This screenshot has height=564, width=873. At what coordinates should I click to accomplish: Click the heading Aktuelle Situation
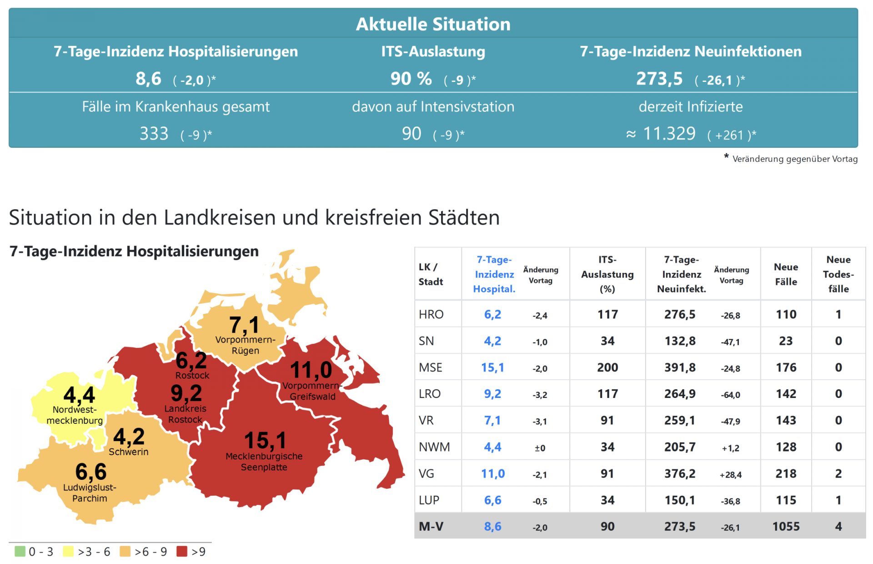(433, 24)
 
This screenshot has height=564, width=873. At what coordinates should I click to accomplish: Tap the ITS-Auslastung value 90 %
(411, 79)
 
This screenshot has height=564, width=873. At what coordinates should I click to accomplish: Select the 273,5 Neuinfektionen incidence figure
(659, 79)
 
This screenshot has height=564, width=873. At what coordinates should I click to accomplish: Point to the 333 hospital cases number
(154, 134)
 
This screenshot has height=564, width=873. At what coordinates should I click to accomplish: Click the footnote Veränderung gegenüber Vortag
(794, 159)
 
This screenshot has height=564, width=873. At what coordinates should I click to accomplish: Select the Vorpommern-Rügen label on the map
(245, 345)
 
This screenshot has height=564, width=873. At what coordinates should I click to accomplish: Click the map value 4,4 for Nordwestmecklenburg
(79, 394)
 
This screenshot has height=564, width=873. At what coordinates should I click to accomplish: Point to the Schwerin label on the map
(128, 452)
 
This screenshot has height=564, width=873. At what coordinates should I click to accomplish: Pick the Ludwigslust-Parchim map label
(90, 493)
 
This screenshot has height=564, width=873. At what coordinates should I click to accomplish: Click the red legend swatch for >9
(182, 551)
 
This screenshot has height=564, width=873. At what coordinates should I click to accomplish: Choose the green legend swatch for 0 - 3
(20, 551)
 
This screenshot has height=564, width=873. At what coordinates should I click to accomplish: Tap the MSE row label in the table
(430, 367)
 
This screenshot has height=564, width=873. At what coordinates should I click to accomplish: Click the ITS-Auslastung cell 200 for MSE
(607, 367)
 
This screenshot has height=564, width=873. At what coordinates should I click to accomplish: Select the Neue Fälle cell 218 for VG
(785, 473)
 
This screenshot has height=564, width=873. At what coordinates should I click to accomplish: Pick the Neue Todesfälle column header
(838, 274)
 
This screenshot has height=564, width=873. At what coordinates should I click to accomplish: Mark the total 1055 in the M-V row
(785, 526)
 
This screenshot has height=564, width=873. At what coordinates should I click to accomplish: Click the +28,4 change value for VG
(730, 474)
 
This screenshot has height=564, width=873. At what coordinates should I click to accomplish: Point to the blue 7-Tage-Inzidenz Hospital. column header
(494, 274)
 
